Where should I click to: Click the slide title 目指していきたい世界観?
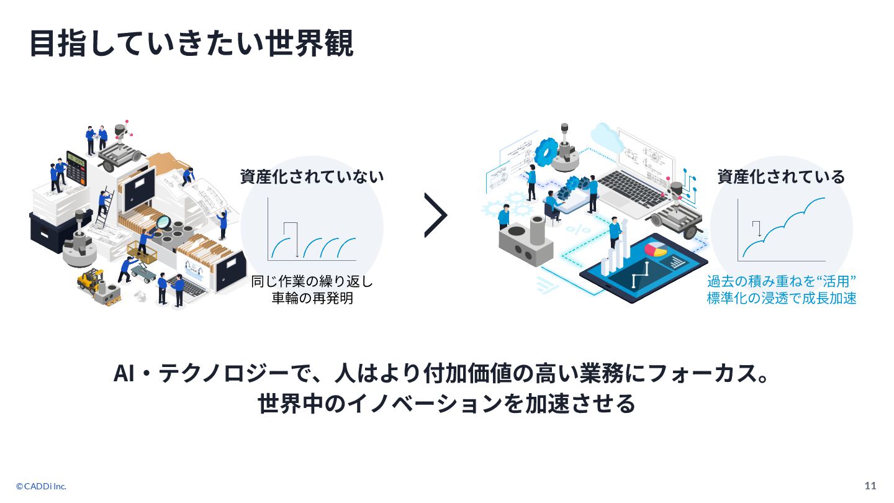click(191, 43)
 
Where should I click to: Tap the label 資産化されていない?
click(312, 177)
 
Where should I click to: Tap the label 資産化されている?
click(781, 177)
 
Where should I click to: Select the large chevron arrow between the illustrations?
click(436, 215)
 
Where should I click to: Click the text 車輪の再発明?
click(312, 298)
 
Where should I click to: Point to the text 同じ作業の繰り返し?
click(312, 282)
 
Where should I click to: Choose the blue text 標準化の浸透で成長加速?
click(782, 298)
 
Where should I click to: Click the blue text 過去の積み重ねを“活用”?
click(782, 282)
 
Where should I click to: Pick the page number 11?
click(870, 486)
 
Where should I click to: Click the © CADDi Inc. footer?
click(41, 486)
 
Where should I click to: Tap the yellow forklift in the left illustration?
click(91, 281)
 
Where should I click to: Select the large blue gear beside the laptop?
click(547, 151)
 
